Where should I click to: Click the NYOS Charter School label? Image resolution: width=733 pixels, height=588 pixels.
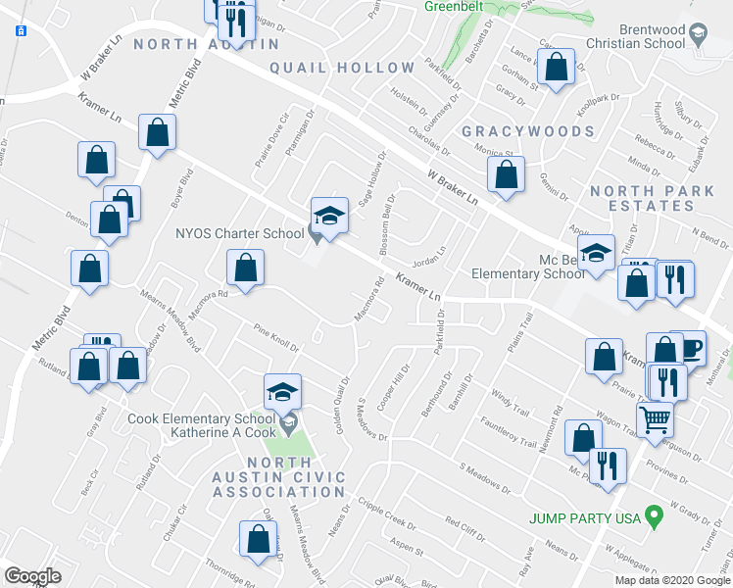point(239,233)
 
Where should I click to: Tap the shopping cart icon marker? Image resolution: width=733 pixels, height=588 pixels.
point(656,418)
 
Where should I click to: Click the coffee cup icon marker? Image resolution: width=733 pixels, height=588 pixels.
point(689,348)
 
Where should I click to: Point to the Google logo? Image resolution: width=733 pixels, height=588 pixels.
point(32,576)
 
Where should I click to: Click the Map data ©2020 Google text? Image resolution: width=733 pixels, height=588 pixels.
point(671,579)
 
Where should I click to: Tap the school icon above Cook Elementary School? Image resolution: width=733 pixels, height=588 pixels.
point(282,392)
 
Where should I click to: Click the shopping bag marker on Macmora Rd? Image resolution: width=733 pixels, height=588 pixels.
point(246,268)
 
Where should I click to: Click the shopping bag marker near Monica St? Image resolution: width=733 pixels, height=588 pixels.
point(507,175)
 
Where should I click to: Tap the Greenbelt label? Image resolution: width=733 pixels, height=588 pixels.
point(455,6)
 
